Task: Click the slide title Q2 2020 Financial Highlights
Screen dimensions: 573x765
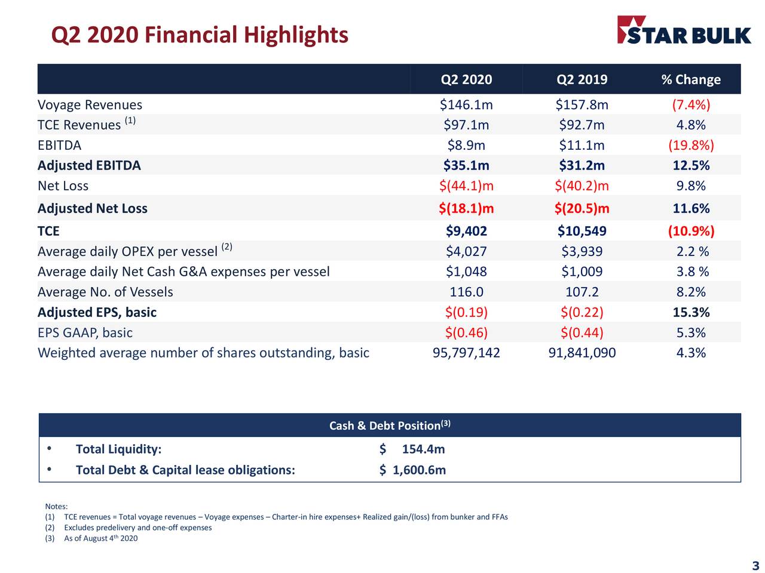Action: pos(200,35)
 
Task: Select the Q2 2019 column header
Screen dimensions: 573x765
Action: pos(582,79)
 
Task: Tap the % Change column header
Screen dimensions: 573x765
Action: pos(691,79)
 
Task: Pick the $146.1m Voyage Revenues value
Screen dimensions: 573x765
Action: pos(466,105)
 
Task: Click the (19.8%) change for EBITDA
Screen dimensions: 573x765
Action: pos(691,145)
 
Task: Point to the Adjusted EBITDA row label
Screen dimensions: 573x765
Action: pos(89,165)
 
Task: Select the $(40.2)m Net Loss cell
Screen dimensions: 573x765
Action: pos(582,186)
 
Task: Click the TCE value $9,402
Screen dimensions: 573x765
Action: pos(466,231)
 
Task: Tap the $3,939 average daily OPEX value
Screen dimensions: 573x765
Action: pos(582,251)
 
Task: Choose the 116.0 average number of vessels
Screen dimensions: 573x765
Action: pos(466,292)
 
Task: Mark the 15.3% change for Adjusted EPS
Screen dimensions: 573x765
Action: pos(691,312)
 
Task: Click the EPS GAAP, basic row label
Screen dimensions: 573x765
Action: pos(85,332)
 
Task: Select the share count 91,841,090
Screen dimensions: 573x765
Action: pos(582,353)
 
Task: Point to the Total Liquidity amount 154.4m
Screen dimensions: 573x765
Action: pos(423,449)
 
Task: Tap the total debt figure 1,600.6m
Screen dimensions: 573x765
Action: pos(418,470)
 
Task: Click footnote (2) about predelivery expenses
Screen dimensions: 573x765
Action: pos(137,528)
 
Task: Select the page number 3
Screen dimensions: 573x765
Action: pos(755,566)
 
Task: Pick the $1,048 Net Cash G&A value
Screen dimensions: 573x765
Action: pos(466,272)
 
